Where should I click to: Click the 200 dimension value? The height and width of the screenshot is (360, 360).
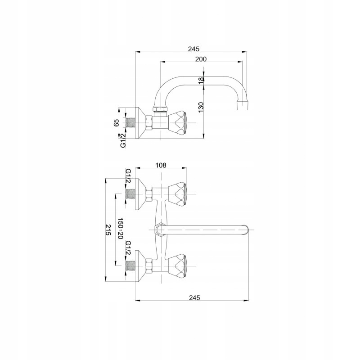click(201, 59)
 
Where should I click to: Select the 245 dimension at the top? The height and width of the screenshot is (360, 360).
click(194, 49)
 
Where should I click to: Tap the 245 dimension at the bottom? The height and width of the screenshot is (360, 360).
click(194, 297)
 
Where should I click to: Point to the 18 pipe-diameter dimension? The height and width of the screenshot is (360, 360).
click(201, 81)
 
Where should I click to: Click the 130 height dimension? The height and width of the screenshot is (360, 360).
click(201, 107)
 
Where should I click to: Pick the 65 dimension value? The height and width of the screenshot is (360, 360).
click(117, 123)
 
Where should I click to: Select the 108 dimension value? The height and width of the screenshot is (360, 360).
click(161, 165)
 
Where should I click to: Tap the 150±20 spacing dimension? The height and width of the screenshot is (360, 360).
click(120, 229)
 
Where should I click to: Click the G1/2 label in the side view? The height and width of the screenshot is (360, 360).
click(123, 140)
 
